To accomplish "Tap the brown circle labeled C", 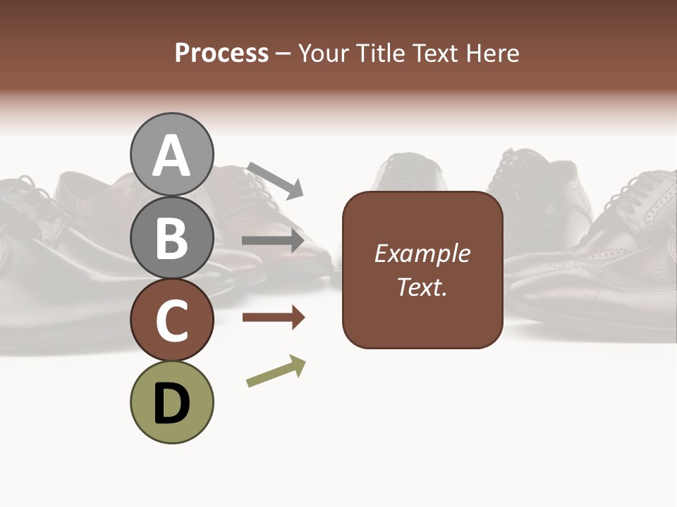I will [172, 320].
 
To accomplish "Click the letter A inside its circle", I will [172, 156].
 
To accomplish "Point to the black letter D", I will [172, 404].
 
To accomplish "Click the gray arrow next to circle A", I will [275, 180].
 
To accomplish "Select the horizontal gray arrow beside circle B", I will [273, 241].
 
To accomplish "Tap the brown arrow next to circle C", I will [273, 318].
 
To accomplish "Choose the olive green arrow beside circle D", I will [276, 371].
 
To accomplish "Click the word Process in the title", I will [221, 53].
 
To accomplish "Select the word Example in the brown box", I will [422, 254].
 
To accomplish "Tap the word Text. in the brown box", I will [422, 287].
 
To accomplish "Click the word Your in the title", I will [324, 53].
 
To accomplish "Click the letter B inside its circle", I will [172, 239].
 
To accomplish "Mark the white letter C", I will [172, 321].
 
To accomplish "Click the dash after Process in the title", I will [283, 54].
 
